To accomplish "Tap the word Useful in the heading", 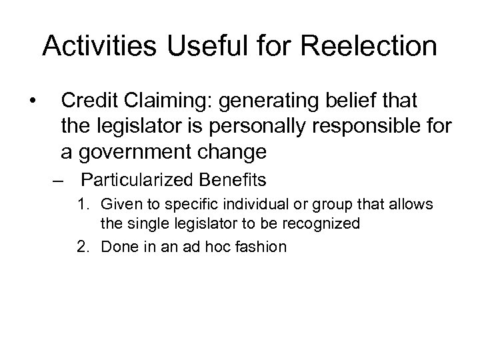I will click(x=197, y=47).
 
